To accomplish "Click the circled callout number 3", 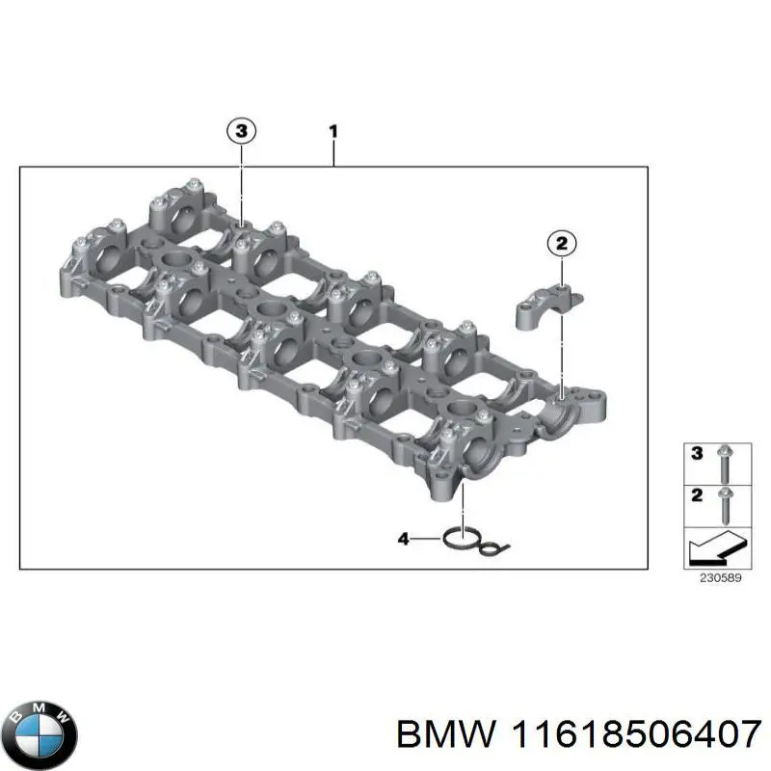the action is (241, 131).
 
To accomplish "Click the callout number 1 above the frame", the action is (333, 132).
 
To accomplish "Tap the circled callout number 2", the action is (562, 244).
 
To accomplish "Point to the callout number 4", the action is (403, 539).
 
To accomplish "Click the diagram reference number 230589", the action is (720, 578).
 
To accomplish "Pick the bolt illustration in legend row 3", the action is (725, 464).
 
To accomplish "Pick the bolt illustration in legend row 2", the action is (725, 506).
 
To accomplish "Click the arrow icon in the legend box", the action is (718, 548).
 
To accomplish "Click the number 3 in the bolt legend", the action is (697, 453).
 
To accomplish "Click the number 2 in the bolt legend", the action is (697, 495).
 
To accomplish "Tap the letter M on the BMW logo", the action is (40, 708).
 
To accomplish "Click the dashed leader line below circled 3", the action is (241, 184).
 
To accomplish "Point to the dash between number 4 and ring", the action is (426, 539).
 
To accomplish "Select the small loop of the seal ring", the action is (491, 546).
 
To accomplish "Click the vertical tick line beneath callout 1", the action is (333, 154).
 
